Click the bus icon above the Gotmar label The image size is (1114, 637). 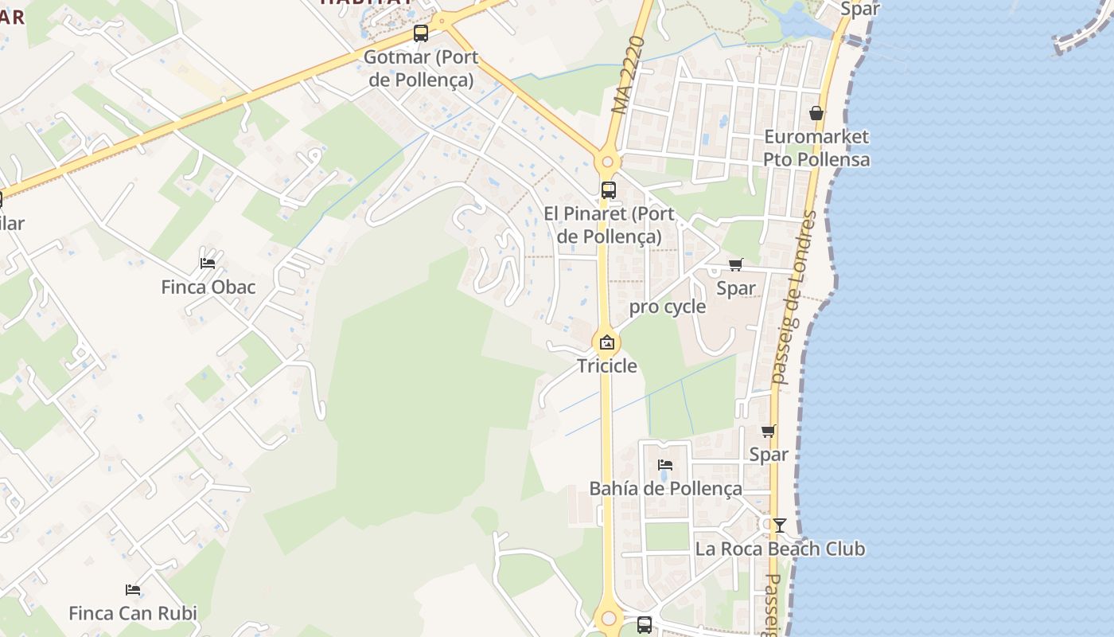click(421, 33)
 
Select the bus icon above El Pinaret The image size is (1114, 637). click(609, 190)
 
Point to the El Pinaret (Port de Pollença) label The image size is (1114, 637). click(609, 225)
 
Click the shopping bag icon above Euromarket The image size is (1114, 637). click(816, 113)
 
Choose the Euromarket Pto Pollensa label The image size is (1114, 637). click(816, 148)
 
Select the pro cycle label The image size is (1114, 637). click(668, 307)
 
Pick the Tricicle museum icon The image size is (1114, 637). click(607, 343)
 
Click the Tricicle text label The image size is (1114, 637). click(607, 365)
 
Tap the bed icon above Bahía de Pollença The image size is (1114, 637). click(665, 465)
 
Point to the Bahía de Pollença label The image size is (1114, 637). click(665, 488)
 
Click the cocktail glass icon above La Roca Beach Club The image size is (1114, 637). click(780, 525)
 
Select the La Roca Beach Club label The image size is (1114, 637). click(780, 549)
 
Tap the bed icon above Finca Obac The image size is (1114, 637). click(208, 263)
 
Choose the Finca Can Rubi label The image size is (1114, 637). click(133, 613)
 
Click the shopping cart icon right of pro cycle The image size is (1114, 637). click(736, 265)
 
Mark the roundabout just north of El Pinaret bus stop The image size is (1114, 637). click(607, 162)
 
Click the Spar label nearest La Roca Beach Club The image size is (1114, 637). click(769, 454)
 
